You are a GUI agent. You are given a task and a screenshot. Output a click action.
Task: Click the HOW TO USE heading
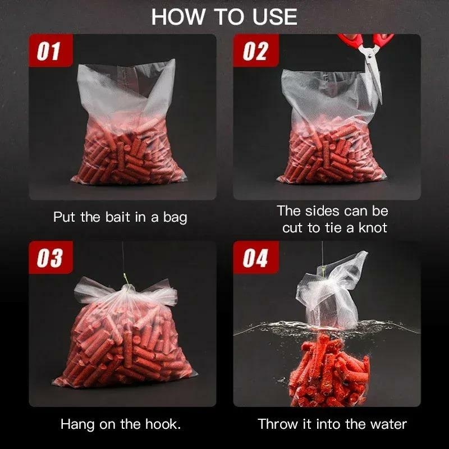tap(224, 17)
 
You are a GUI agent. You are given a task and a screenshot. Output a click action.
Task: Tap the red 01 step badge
tap(51, 51)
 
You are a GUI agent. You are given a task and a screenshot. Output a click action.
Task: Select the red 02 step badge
tap(256, 51)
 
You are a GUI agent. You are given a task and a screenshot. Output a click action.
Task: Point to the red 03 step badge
tap(51, 257)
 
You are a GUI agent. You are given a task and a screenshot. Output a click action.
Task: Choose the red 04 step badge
tap(256, 257)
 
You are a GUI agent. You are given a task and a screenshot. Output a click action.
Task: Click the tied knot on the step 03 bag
tap(127, 288)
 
